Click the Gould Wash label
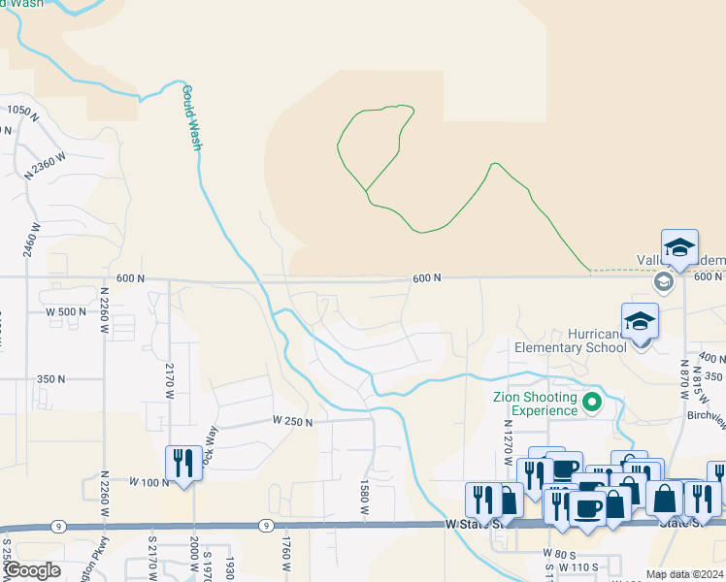click(191, 117)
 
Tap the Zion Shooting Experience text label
click(535, 404)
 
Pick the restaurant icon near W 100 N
click(183, 465)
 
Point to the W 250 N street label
click(294, 421)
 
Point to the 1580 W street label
click(365, 496)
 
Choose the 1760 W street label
click(287, 554)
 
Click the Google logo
click(32, 570)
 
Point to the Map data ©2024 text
click(684, 574)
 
